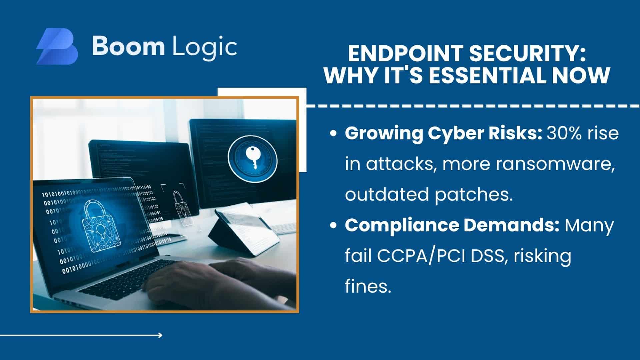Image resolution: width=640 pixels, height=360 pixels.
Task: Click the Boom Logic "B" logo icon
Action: pos(57,46)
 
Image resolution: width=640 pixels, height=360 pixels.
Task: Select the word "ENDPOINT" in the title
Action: pos(394,54)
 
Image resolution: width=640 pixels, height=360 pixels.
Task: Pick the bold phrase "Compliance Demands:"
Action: pos(452,226)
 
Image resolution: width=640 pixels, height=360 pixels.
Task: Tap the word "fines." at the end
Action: pos(368,286)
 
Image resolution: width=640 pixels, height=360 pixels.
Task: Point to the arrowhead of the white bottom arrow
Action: pos(161,335)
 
